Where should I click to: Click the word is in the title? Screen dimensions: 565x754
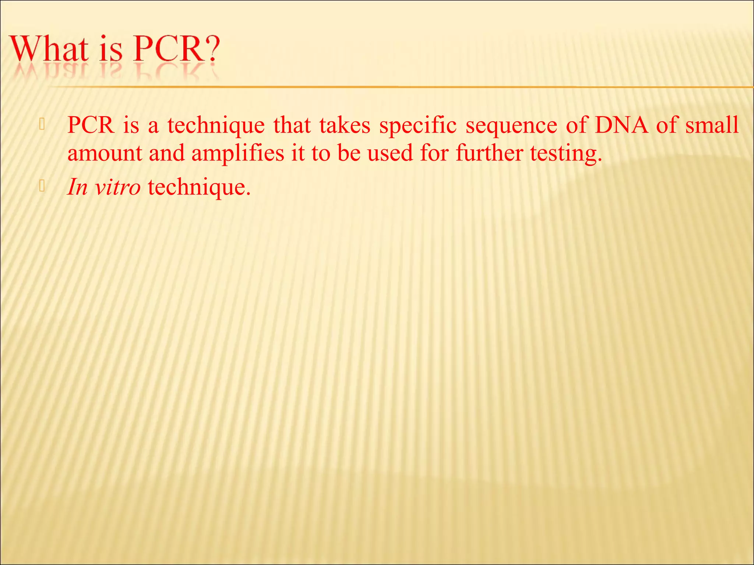point(110,50)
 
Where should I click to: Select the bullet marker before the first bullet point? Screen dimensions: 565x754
point(42,125)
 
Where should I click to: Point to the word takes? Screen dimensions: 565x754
point(345,125)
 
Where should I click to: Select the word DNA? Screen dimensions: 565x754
point(621,125)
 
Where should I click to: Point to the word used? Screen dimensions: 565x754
point(390,153)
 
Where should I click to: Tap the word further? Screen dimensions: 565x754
point(489,153)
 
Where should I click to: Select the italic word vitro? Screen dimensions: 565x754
point(117,187)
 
